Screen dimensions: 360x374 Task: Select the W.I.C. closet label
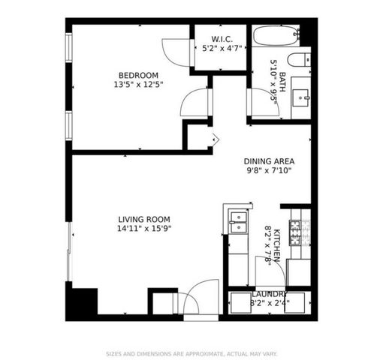pos(220,38)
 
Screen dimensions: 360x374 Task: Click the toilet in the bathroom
pos(297,61)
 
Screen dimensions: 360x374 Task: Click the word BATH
pos(282,78)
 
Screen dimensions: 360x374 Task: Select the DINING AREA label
pos(268,160)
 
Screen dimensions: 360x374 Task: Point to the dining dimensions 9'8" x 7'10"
pos(268,170)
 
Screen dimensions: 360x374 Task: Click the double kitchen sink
pos(238,218)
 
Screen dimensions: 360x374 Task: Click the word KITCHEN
pos(277,246)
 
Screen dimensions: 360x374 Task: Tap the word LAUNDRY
pos(268,294)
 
